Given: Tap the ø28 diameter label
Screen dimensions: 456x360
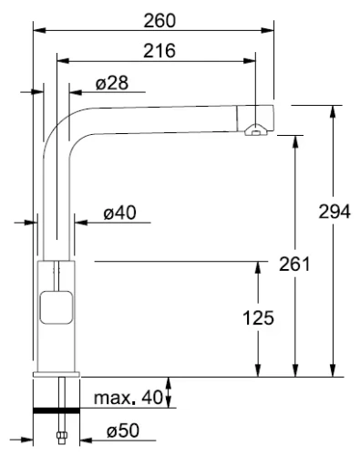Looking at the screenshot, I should click(111, 84).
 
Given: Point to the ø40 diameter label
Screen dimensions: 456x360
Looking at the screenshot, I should click(118, 213).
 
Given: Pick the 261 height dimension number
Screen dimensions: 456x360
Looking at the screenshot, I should click(293, 264).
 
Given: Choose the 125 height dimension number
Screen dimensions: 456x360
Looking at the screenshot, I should click(261, 318).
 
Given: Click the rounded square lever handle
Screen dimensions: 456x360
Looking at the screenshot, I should click(57, 308).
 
